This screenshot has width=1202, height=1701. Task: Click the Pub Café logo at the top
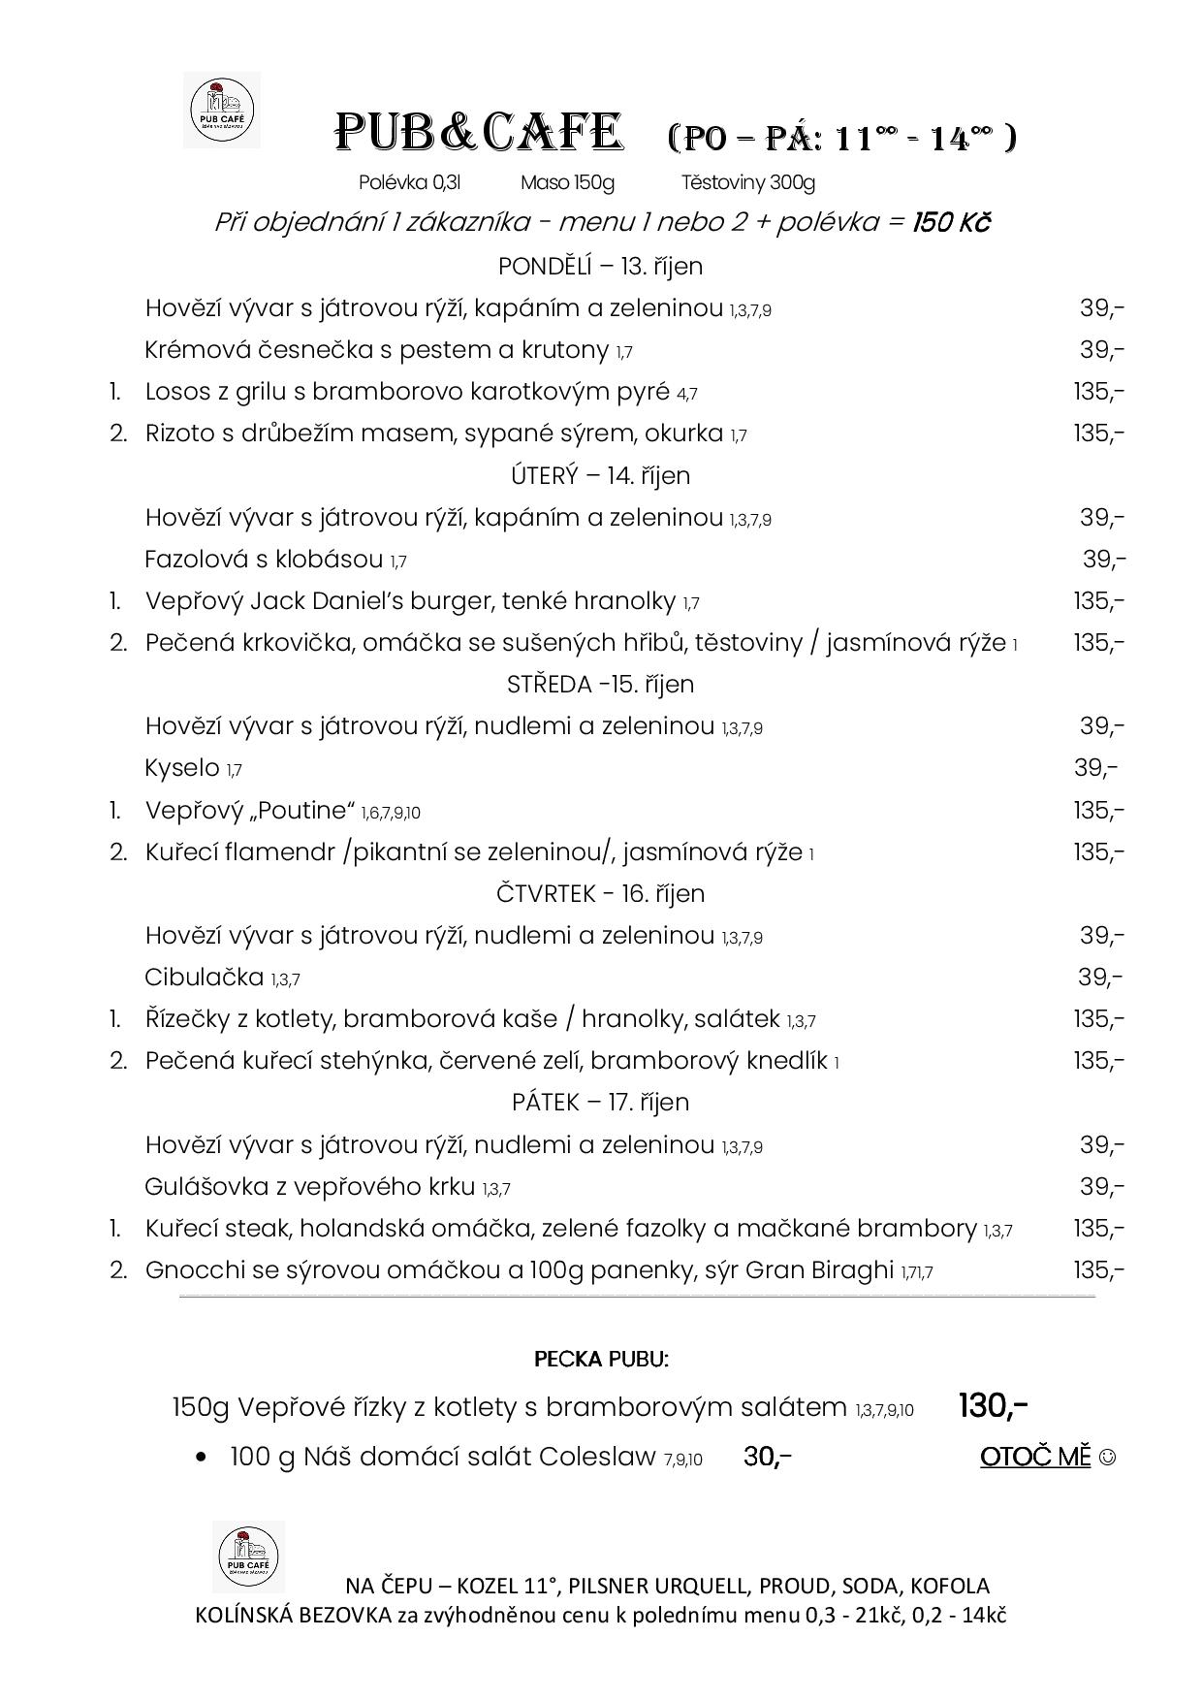coord(221,110)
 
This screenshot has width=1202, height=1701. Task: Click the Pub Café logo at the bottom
coord(248,1557)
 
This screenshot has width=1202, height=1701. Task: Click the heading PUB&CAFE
coord(478,133)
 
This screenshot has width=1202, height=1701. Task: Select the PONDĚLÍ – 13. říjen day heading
coord(600,266)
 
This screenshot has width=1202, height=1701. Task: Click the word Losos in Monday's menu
coord(180,392)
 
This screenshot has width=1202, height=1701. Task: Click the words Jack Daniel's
coord(328,601)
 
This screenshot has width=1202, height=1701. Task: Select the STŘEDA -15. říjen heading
coord(600,685)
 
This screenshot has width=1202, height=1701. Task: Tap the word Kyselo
coord(182,768)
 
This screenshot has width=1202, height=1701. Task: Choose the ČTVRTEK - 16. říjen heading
coord(600,893)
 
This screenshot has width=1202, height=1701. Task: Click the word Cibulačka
coord(204,977)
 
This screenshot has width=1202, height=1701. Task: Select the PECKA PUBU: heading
coord(601,1359)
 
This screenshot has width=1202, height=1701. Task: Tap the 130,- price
coord(993,1405)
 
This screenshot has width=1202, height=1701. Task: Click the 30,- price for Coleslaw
coord(767,1457)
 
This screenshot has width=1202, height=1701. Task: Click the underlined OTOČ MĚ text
coord(1035,1457)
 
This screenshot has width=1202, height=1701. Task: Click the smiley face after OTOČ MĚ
coord(1108,1457)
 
